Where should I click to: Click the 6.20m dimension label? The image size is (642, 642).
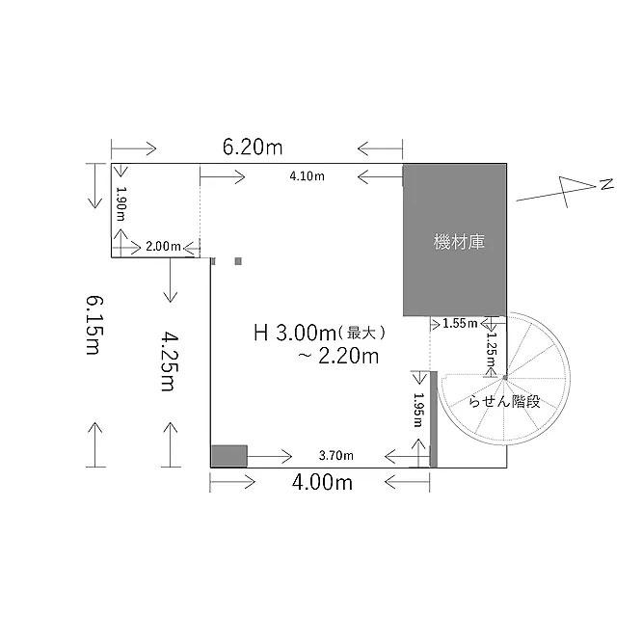coord(253,147)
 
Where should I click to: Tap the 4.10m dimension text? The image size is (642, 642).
coord(308,176)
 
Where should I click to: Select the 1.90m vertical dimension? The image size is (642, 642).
coord(120,203)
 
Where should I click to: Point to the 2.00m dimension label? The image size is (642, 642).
coord(163,246)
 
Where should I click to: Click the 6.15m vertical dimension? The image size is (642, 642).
coord(94,325)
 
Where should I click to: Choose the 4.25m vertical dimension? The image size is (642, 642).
coord(169,361)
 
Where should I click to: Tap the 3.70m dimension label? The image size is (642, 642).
coord(336,455)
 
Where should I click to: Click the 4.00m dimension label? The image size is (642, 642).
coord(322,482)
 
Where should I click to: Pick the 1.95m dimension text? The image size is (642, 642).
coord(418,410)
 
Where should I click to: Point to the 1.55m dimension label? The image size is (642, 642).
coord(460,324)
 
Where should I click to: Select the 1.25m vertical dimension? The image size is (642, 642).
coord(492,349)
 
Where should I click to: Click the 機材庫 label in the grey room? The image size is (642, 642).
coord(459,242)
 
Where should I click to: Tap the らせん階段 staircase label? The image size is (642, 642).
coord(504,401)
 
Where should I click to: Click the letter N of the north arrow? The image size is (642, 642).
coord(606,184)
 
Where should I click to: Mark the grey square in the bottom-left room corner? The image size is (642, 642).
coord(229,456)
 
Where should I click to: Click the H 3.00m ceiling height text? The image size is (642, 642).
coord(295,333)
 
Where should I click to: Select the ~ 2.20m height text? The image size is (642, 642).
coord(338,357)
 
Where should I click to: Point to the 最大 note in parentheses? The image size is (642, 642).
coord(361,333)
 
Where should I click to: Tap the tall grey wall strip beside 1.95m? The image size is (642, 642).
coord(433,419)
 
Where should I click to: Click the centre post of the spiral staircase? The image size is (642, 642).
coord(505,378)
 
